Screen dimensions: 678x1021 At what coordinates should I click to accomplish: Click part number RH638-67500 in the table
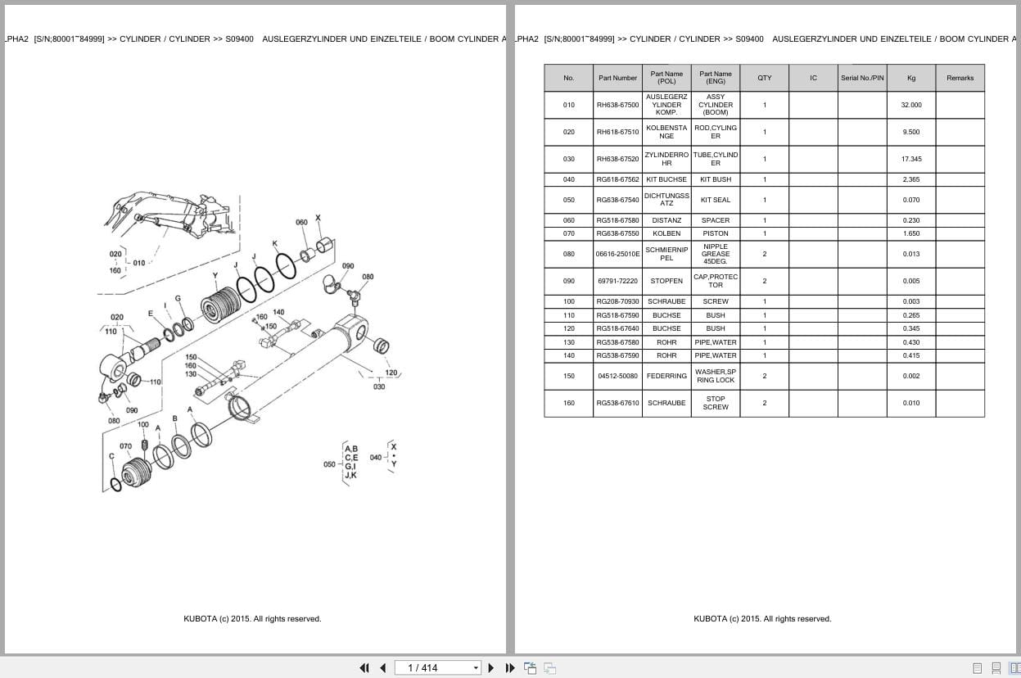(x=617, y=105)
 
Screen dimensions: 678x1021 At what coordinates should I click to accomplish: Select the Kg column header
(x=910, y=78)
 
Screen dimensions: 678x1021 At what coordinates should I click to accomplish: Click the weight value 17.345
(x=910, y=159)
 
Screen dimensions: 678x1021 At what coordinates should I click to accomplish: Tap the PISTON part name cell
(x=715, y=233)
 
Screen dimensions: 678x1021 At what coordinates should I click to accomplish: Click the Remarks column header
(x=960, y=78)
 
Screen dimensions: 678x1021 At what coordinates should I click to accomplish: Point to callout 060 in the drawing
(x=301, y=223)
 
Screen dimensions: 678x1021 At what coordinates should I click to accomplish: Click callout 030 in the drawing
(x=379, y=386)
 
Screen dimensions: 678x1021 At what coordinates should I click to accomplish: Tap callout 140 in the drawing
(x=278, y=312)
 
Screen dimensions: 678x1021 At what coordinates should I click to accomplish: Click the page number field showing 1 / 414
(x=437, y=667)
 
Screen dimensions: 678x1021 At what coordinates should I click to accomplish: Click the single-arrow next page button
(x=491, y=667)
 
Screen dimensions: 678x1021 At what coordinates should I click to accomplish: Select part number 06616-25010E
(x=617, y=254)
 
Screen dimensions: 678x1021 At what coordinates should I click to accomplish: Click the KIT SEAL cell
(x=715, y=200)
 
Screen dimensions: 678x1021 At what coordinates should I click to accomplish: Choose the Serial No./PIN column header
(x=862, y=78)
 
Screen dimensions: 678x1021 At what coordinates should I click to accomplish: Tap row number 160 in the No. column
(x=568, y=403)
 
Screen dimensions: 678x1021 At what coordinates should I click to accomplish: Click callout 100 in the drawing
(x=143, y=424)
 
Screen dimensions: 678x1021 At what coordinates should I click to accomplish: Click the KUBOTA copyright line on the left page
(x=252, y=619)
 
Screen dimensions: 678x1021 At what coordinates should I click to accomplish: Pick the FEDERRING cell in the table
(x=666, y=376)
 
